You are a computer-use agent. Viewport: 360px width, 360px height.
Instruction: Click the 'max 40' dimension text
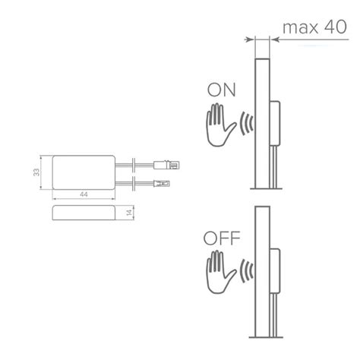[314, 27]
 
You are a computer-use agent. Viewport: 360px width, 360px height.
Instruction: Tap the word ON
[222, 90]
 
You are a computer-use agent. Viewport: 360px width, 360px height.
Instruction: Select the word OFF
[222, 238]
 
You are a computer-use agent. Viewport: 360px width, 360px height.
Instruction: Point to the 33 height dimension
[36, 172]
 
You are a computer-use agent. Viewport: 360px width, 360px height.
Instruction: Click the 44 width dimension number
[84, 194]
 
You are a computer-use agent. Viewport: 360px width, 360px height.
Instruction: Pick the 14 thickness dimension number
[129, 213]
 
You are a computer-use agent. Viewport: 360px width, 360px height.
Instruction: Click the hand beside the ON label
[220, 125]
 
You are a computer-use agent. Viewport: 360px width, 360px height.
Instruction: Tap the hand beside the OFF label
[220, 272]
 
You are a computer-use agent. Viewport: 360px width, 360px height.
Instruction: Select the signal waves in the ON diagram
[246, 124]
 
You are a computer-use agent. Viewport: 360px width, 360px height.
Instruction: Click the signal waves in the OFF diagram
[246, 271]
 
